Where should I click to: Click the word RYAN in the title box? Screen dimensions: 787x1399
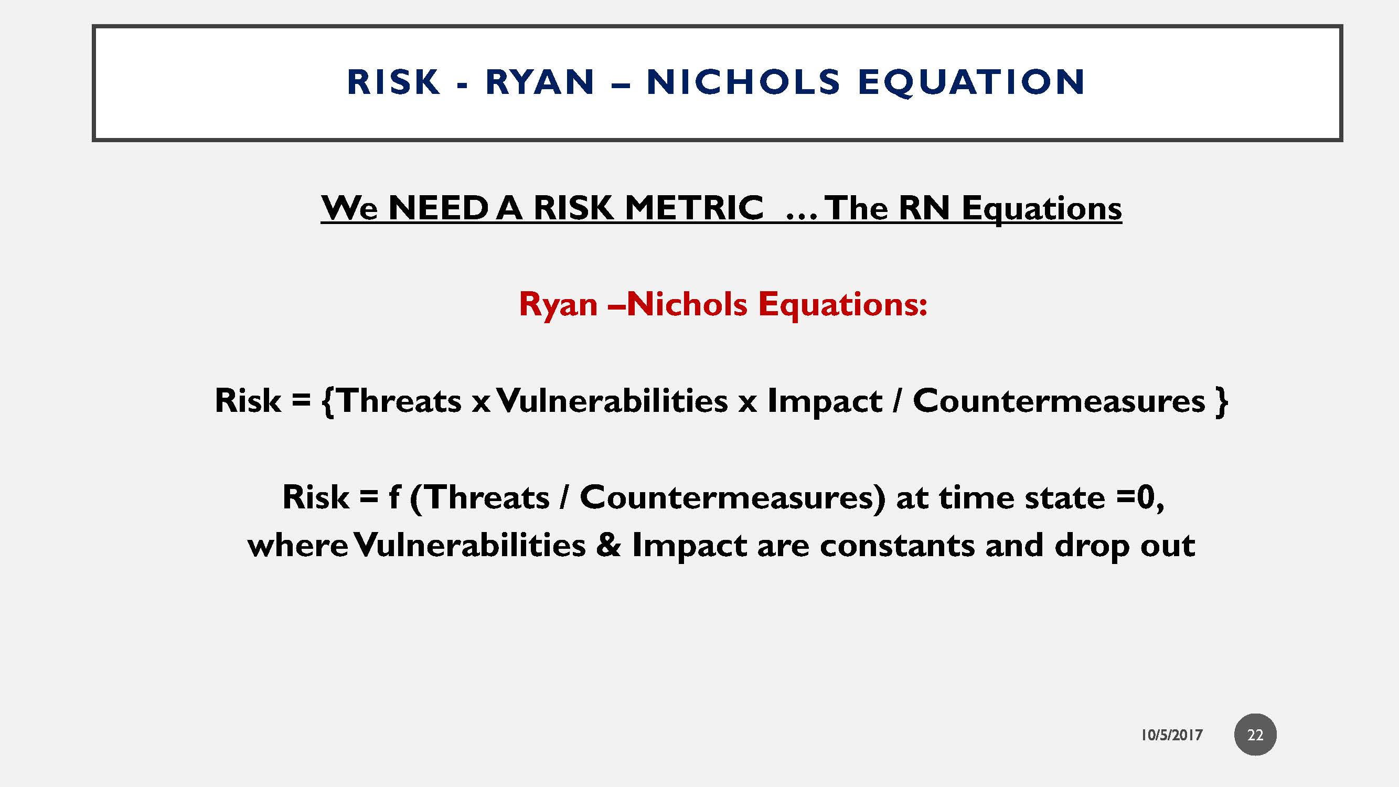pos(540,82)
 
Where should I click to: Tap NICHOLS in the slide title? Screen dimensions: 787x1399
pos(743,82)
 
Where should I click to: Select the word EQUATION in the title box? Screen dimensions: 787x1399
pos(971,82)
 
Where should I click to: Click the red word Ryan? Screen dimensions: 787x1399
pos(558,304)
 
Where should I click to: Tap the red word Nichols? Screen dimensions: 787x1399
pos(687,304)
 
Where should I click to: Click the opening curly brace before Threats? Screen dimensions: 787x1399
pos(327,401)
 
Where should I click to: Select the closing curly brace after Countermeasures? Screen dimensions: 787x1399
pos(1222,401)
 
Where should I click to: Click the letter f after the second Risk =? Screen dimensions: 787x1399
pos(394,497)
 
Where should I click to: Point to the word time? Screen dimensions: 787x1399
pos(975,497)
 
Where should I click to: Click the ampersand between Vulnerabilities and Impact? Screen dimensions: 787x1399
pos(608,545)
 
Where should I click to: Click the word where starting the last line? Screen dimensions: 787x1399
pos(297,545)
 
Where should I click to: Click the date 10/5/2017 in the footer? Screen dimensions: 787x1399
pos(1171,735)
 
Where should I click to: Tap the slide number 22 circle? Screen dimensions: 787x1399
pos(1255,735)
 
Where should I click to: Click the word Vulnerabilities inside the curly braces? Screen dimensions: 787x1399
pos(613,401)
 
